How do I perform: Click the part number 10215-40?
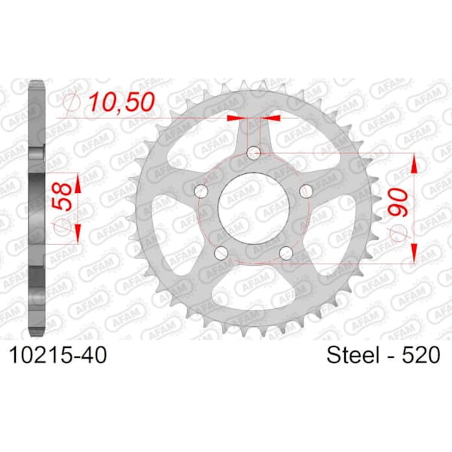pos(58,355)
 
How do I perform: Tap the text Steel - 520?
pos(383,355)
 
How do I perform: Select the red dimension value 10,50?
pos(121,102)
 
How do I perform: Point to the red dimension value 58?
pos(62,197)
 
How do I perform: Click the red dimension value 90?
pos(398,202)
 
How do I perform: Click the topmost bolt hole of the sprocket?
pos(254,153)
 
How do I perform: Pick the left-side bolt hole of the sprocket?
pos(201,191)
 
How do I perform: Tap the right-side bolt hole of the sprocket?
pos(306,191)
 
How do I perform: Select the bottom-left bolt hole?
pos(221,253)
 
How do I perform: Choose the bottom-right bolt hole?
pos(286,253)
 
